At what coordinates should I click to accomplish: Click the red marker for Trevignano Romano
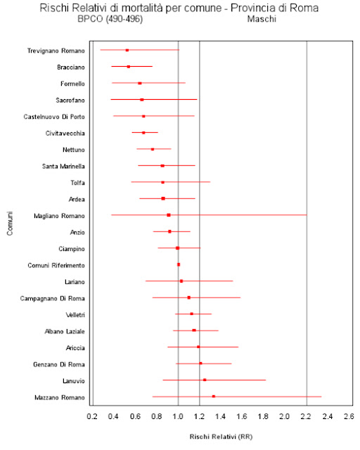(x=127, y=50)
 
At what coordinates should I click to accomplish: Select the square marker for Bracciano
(x=129, y=67)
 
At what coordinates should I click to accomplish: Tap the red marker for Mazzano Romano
(x=214, y=397)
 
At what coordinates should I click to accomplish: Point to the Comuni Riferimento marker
(x=179, y=264)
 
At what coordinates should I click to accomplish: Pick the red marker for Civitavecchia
(x=143, y=133)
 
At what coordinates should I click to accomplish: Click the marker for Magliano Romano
(x=169, y=215)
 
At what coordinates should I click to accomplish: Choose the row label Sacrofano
(x=70, y=100)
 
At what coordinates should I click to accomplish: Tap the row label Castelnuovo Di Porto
(x=54, y=117)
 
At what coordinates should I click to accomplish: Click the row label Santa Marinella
(x=63, y=166)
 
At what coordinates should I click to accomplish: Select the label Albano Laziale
(x=65, y=331)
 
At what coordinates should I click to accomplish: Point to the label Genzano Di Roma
(x=59, y=364)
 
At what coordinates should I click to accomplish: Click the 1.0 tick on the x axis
(x=178, y=416)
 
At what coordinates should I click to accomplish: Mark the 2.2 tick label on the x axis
(x=306, y=416)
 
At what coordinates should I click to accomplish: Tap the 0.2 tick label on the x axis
(x=92, y=416)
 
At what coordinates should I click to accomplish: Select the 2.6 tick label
(x=349, y=416)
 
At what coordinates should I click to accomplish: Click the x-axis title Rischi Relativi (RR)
(x=221, y=437)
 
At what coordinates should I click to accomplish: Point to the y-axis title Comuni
(x=10, y=224)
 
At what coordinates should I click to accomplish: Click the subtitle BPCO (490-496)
(x=110, y=19)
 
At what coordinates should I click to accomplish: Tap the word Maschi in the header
(x=262, y=19)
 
